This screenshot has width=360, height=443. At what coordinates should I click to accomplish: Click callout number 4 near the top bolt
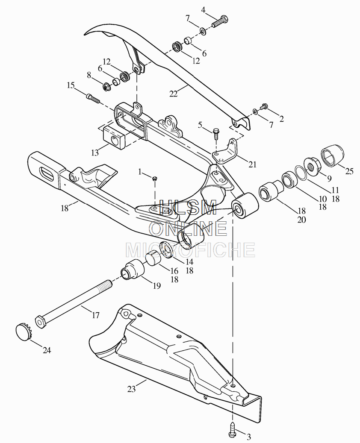(x=204, y=10)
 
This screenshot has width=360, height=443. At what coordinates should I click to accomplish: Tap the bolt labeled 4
(x=219, y=21)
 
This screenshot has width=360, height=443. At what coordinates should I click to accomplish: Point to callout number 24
(x=47, y=350)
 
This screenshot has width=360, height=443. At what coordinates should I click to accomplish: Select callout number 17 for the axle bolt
(x=95, y=316)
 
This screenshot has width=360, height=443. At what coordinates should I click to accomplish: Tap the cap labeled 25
(x=332, y=155)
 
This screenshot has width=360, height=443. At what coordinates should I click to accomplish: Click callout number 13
(x=94, y=151)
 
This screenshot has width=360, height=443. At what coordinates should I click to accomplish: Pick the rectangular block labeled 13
(x=113, y=137)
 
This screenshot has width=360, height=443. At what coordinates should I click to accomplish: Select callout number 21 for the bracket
(x=253, y=164)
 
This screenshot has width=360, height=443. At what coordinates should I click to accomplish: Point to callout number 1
(x=140, y=172)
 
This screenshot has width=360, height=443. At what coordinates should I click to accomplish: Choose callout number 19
(x=157, y=286)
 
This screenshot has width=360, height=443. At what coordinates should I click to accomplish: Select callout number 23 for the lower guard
(x=131, y=389)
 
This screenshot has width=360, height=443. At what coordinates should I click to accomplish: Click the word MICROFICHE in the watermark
(x=190, y=249)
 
